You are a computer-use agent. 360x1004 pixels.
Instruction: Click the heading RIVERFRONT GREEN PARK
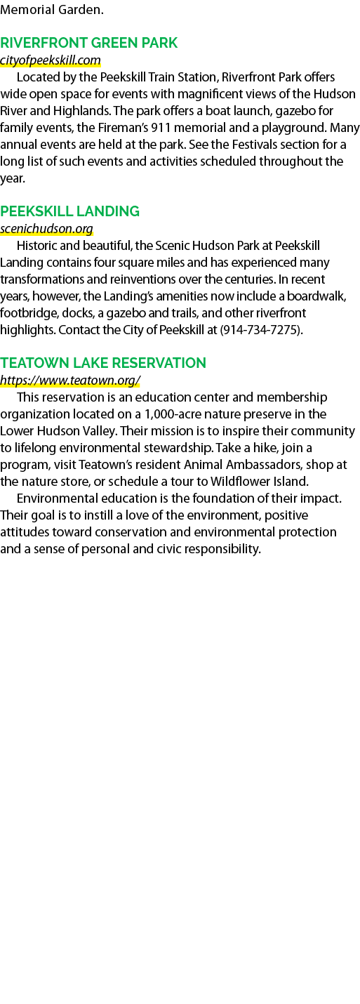[88, 43]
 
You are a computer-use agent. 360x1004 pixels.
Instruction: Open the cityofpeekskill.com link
[50, 60]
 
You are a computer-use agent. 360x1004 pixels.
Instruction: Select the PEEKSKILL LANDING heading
[70, 211]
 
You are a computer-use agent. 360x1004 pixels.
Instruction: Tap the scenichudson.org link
[46, 229]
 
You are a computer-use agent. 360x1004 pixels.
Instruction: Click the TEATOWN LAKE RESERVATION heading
[103, 362]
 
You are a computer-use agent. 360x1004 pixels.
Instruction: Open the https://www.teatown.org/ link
[70, 380]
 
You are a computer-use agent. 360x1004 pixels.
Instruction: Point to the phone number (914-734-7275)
[260, 330]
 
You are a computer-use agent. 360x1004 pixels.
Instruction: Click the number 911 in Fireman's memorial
[161, 128]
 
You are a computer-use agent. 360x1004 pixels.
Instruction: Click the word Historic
[37, 246]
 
